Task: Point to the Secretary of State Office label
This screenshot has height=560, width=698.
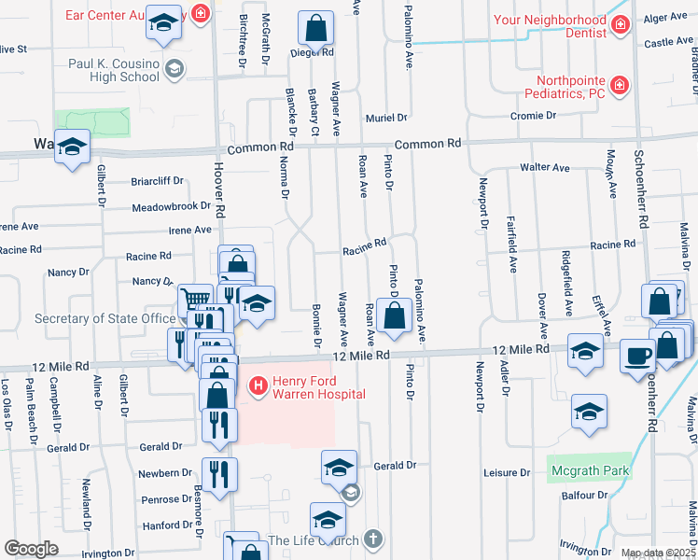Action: click(x=105, y=318)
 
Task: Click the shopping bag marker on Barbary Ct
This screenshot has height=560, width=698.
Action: click(x=316, y=30)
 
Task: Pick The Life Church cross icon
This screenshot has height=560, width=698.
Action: click(x=373, y=539)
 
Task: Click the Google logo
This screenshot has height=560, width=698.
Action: click(x=31, y=549)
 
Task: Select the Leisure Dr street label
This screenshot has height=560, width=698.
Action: click(x=508, y=473)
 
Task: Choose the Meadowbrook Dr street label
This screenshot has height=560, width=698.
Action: click(x=172, y=207)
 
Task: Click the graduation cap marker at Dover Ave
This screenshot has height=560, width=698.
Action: click(x=585, y=350)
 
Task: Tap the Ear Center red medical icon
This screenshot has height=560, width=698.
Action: click(x=199, y=13)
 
